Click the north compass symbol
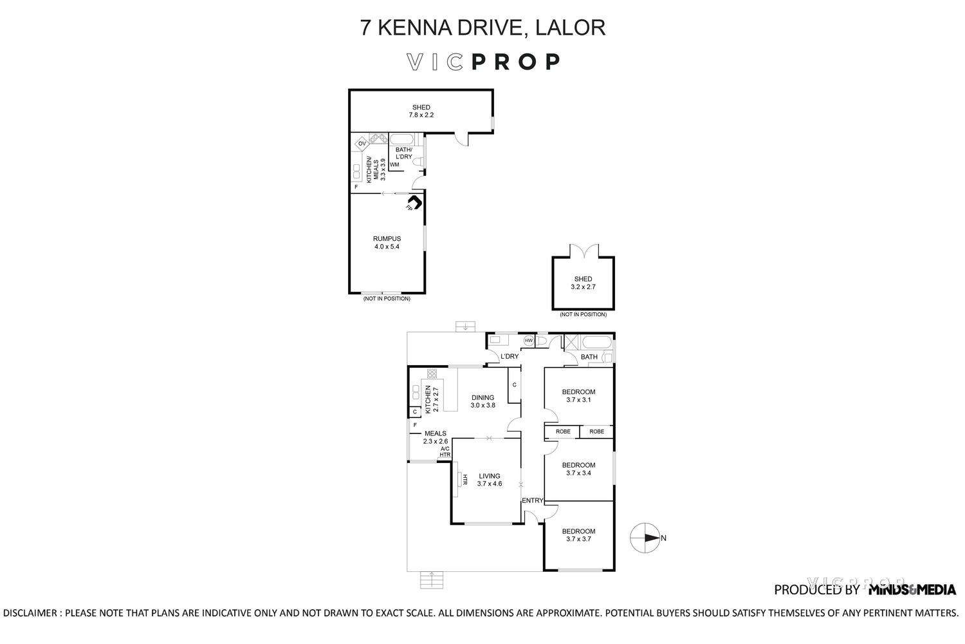pyautogui.click(x=645, y=538)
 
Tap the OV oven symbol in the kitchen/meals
pyautogui.click(x=362, y=144)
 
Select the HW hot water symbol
pyautogui.click(x=529, y=341)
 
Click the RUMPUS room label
pyautogui.click(x=387, y=238)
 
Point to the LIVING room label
pyautogui.click(x=490, y=476)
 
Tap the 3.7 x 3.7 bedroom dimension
pyautogui.click(x=578, y=539)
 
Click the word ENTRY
pyautogui.click(x=533, y=500)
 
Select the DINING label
pyautogui.click(x=482, y=398)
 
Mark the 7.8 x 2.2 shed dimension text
pyautogui.click(x=421, y=115)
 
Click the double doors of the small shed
pyautogui.click(x=584, y=251)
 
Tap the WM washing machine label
pyautogui.click(x=394, y=164)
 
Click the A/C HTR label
pyautogui.click(x=445, y=451)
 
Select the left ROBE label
pyautogui.click(x=563, y=431)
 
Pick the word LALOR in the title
pyautogui.click(x=570, y=27)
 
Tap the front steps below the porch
pyautogui.click(x=432, y=580)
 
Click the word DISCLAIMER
pyautogui.click(x=30, y=613)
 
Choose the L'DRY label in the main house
pyautogui.click(x=510, y=356)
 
